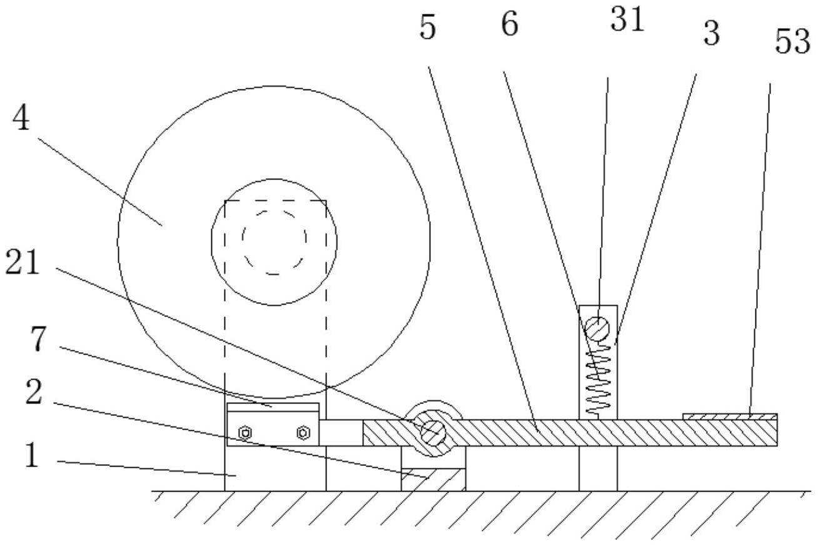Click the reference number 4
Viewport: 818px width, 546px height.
click(x=22, y=119)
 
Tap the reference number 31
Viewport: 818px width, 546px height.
click(x=627, y=20)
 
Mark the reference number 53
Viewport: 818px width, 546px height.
click(x=792, y=43)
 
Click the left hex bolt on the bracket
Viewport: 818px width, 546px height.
click(x=246, y=432)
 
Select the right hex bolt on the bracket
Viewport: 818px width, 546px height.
click(x=303, y=432)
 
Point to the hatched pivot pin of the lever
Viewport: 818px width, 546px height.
click(x=433, y=431)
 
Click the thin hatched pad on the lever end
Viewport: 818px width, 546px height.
click(x=730, y=416)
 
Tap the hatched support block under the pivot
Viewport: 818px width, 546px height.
click(x=433, y=479)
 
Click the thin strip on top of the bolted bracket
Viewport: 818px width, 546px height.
click(x=272, y=407)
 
